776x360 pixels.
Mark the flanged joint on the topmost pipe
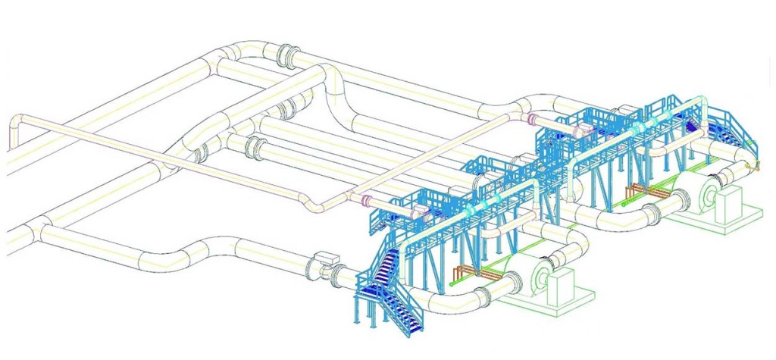point(287,55)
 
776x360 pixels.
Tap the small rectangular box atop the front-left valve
point(327,256)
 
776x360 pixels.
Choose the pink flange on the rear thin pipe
point(533,119)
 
